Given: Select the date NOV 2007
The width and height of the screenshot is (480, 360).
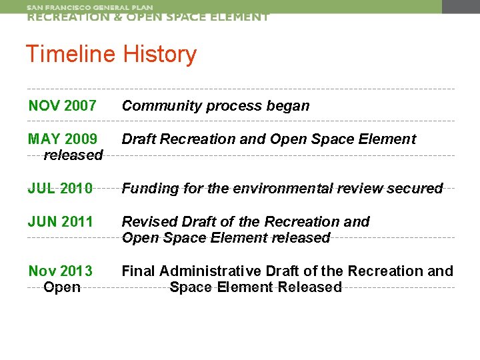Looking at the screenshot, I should pos(62,105).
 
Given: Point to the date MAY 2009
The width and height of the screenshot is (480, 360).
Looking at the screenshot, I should pos(63,139).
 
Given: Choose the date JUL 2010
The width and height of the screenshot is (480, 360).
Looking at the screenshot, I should pos(60,189).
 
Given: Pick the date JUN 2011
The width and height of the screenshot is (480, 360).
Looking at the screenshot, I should pos(60,221).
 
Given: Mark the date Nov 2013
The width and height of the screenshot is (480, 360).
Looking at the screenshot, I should pos(60,271).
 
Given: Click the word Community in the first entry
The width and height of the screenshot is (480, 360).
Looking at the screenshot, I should pos(157,105).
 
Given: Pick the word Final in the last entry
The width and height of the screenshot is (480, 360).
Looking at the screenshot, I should pos(138,271).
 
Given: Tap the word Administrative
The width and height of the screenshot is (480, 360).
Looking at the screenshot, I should pos(209,271).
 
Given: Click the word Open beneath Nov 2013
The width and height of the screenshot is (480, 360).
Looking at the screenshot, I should pos(61,287).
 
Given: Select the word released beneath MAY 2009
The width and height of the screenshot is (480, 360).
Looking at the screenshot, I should pos(73,155).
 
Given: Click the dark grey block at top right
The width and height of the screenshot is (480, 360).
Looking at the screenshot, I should pos(461,7).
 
